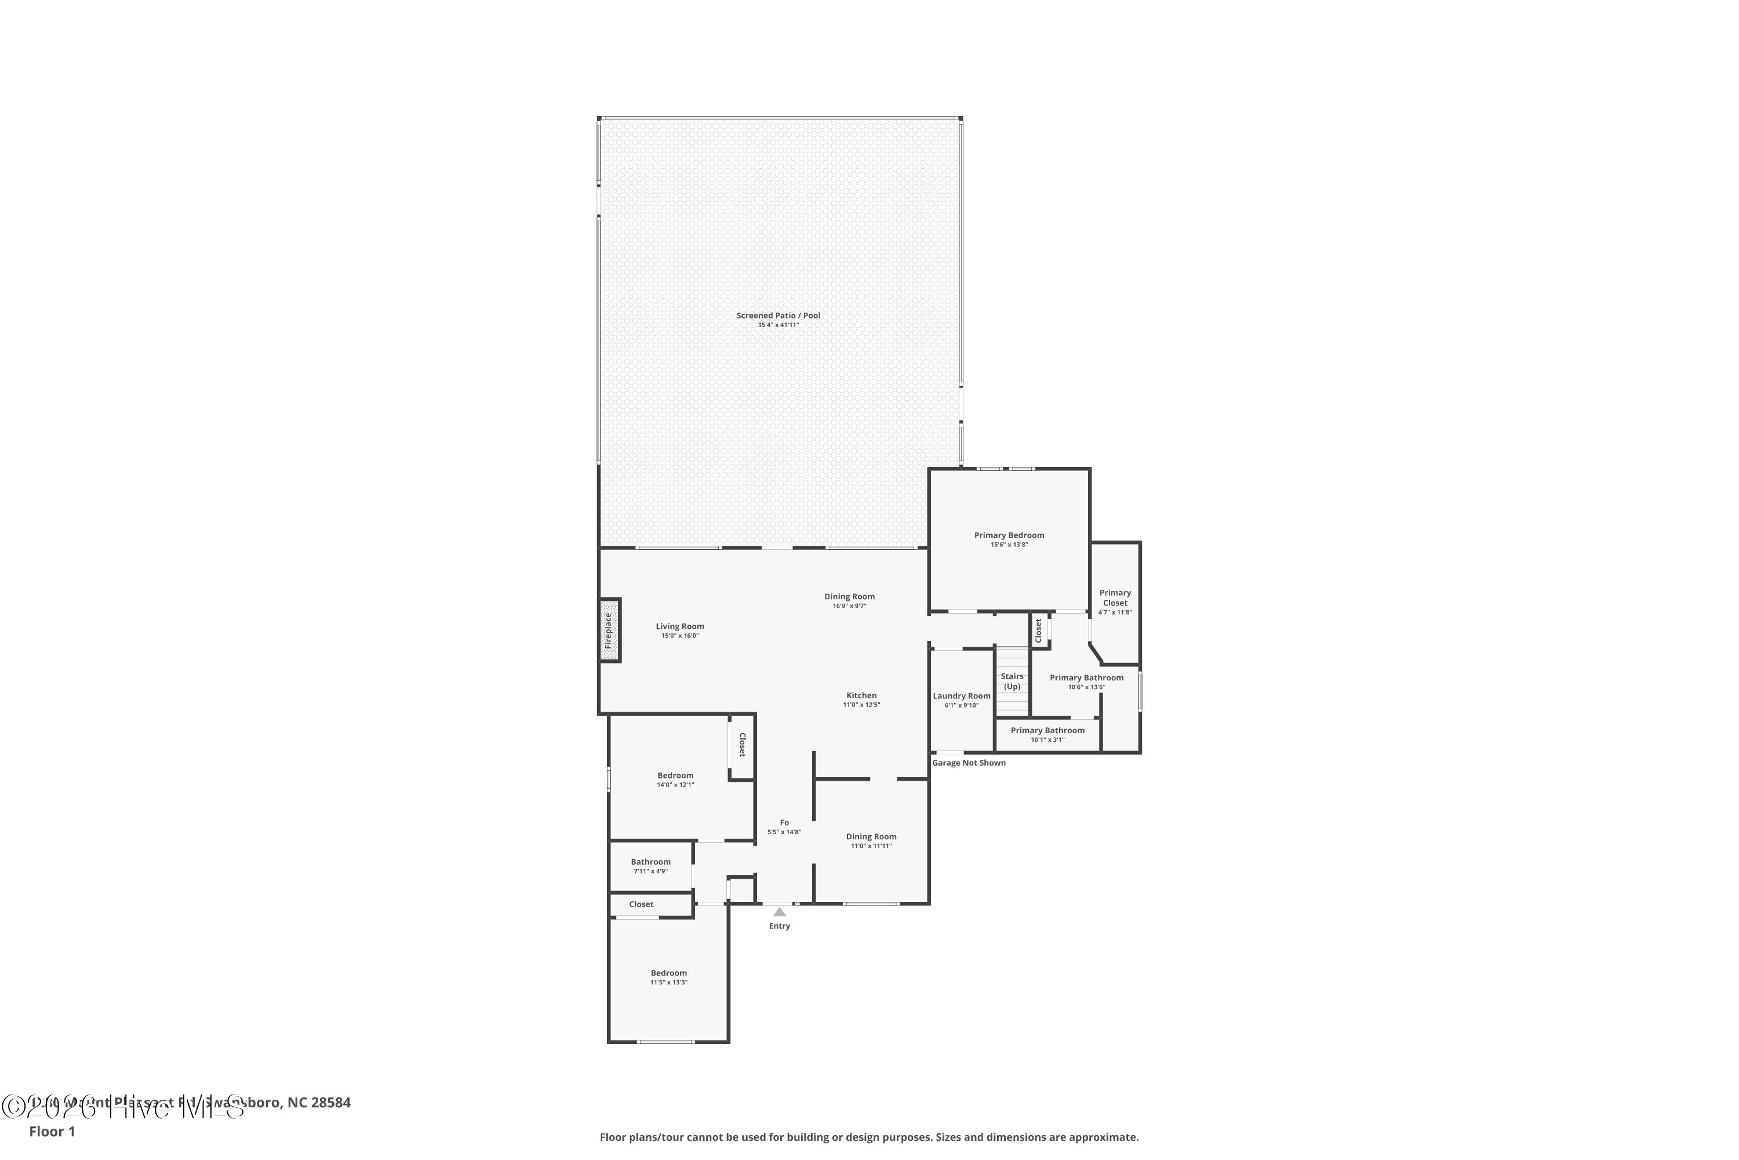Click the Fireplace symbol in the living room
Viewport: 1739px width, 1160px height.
pyautogui.click(x=609, y=629)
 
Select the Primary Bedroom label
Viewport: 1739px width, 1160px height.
pyautogui.click(x=1009, y=535)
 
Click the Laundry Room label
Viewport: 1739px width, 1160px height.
pyautogui.click(x=961, y=696)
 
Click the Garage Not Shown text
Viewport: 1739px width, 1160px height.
pyautogui.click(x=969, y=763)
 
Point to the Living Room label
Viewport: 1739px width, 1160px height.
pyautogui.click(x=679, y=626)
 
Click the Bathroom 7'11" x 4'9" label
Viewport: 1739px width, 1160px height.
pyautogui.click(x=650, y=862)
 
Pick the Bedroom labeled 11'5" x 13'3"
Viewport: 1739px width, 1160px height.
pyautogui.click(x=668, y=973)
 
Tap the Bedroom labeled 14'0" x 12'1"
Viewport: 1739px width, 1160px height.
pyautogui.click(x=675, y=775)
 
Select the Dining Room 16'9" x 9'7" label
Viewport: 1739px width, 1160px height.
pyautogui.click(x=849, y=596)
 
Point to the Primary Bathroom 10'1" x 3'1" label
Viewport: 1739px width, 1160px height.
pyautogui.click(x=1047, y=730)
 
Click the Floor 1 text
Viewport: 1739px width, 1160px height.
pyautogui.click(x=52, y=1131)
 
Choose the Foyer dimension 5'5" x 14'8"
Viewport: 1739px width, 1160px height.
pyautogui.click(x=784, y=832)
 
